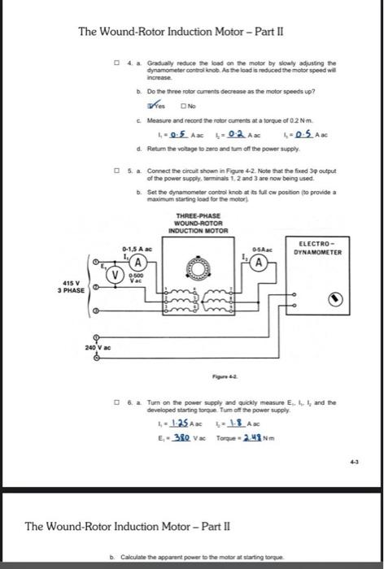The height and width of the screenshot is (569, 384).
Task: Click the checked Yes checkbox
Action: click(x=150, y=106)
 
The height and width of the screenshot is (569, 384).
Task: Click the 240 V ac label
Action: click(x=98, y=347)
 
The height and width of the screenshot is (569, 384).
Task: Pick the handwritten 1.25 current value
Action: click(x=188, y=422)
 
